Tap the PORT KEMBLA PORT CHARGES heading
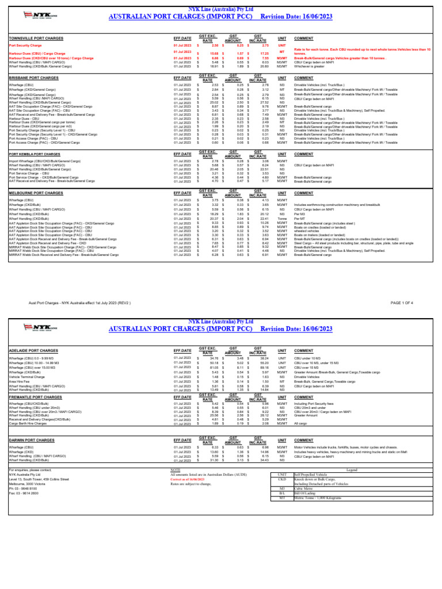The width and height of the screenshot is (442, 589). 35,154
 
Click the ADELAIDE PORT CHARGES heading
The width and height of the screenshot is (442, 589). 33,350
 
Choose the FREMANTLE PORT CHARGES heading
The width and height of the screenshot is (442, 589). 35,397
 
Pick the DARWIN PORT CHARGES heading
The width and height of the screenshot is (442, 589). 32,440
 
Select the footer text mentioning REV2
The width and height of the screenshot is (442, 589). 79,302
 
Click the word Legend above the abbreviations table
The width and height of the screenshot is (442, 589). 351,470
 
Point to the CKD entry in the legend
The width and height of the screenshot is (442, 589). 282,478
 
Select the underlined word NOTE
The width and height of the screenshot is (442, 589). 176,470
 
